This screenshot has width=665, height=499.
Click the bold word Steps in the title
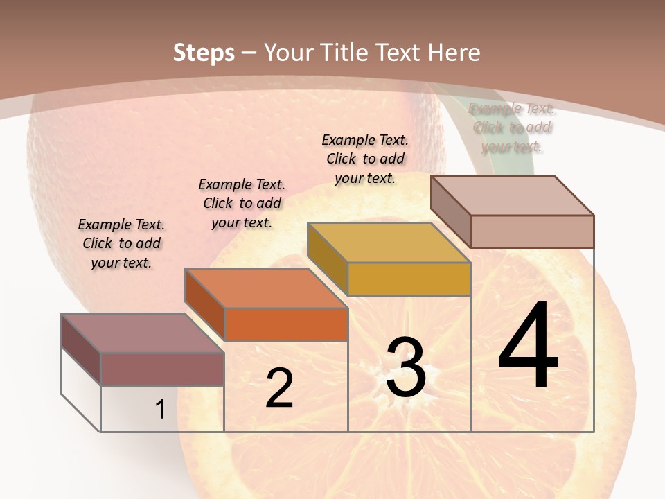pyautogui.click(x=204, y=53)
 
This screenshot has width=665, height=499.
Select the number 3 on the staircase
pyautogui.click(x=405, y=367)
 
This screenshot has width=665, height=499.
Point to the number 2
pyautogui.click(x=279, y=388)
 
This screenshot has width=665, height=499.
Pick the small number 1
pyautogui.click(x=160, y=409)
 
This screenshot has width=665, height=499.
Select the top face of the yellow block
pyautogui.click(x=389, y=243)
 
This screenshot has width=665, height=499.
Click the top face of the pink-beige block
pyautogui.click(x=513, y=195)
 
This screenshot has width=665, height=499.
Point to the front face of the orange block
pyautogui.click(x=286, y=324)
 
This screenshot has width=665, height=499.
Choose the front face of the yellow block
pyautogui.click(x=409, y=279)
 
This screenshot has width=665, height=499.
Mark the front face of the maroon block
pyautogui.click(x=162, y=369)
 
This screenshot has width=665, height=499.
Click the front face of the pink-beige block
pyautogui.click(x=532, y=231)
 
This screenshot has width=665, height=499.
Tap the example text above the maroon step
pyautogui.click(x=121, y=243)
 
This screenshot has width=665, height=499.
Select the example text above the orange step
pyautogui.click(x=242, y=203)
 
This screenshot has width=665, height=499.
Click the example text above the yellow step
pyautogui.click(x=365, y=159)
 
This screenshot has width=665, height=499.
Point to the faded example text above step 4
pyautogui.click(x=512, y=128)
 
